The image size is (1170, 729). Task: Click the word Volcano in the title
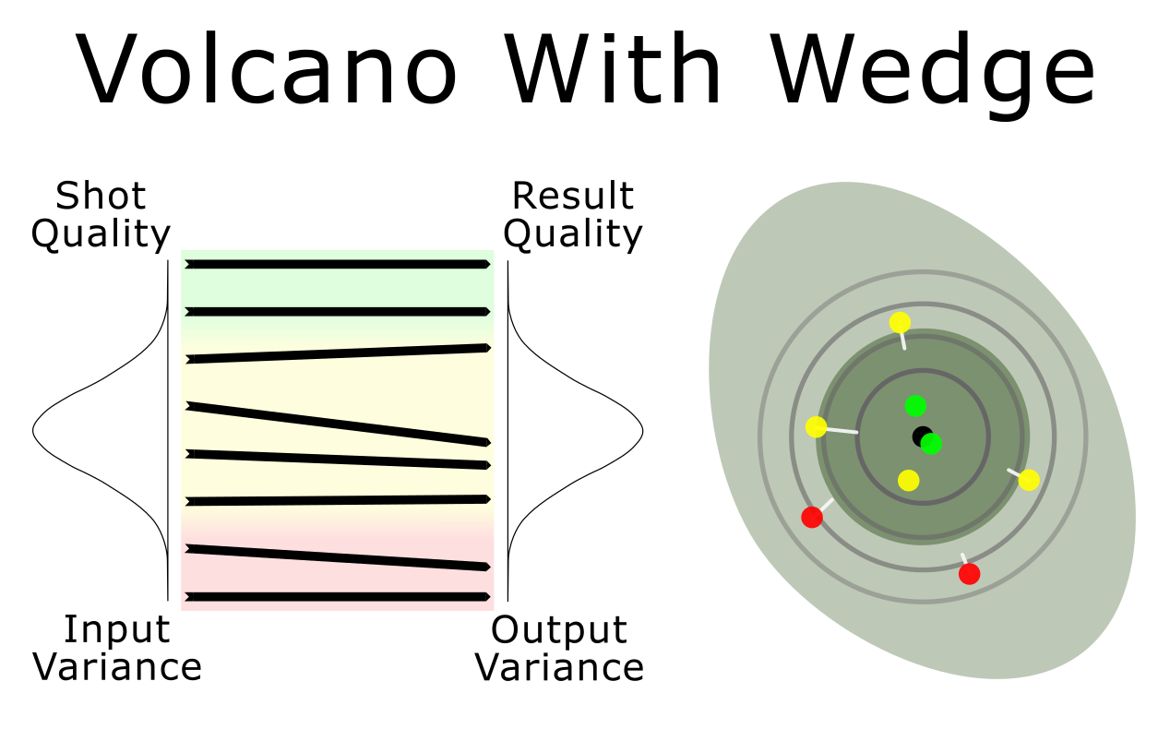click(x=267, y=68)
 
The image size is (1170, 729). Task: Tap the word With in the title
click(x=613, y=68)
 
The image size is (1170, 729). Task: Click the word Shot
click(x=101, y=196)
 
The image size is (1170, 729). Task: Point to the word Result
click(x=573, y=196)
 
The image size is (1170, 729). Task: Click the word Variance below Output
click(x=559, y=667)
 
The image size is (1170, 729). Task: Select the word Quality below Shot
click(x=101, y=236)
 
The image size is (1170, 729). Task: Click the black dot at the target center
click(x=922, y=436)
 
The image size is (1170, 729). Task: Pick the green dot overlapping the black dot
click(x=931, y=444)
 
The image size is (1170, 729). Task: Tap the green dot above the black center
click(x=915, y=406)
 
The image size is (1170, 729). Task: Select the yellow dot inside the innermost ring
click(x=909, y=481)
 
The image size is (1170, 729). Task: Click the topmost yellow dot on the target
click(x=900, y=323)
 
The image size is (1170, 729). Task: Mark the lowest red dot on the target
click(x=970, y=574)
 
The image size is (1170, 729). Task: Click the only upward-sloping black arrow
click(x=338, y=353)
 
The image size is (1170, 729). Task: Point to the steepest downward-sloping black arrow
click(x=338, y=424)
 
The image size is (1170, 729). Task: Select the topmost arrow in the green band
click(x=338, y=264)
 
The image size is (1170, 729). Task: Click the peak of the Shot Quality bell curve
click(x=33, y=430)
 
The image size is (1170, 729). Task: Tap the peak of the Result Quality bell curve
click(x=643, y=431)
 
